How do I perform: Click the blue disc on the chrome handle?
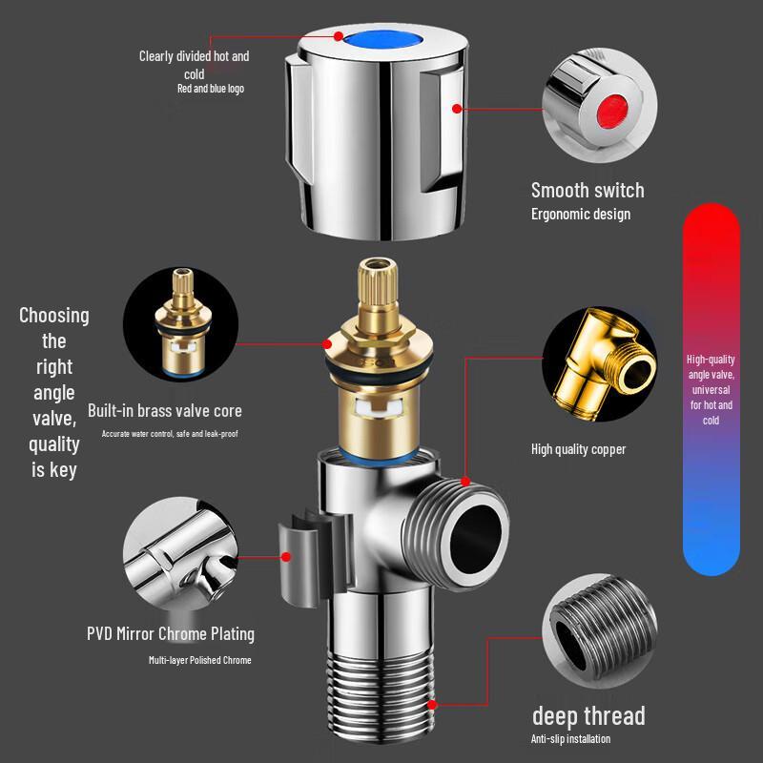coord(381,40)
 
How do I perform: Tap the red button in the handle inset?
coord(611,112)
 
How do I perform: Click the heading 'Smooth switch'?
coord(588,190)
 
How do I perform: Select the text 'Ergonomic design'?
coord(581,214)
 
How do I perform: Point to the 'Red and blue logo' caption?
coord(211,89)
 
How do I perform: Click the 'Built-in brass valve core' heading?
coord(164,411)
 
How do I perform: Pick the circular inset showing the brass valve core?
coord(180,324)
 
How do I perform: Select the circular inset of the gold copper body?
coord(600,364)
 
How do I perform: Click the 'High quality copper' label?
coord(578,449)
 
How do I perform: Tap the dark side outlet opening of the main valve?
coord(475,539)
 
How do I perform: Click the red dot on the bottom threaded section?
coord(432,705)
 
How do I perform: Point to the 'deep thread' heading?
coord(588,716)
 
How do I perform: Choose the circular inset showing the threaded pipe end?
coord(600,630)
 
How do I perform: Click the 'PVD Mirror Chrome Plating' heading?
coord(171,633)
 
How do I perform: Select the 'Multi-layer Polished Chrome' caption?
coord(200,660)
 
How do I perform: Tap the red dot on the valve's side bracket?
coord(286,557)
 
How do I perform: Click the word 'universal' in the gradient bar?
coord(711,390)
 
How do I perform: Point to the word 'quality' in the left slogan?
coord(54,444)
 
